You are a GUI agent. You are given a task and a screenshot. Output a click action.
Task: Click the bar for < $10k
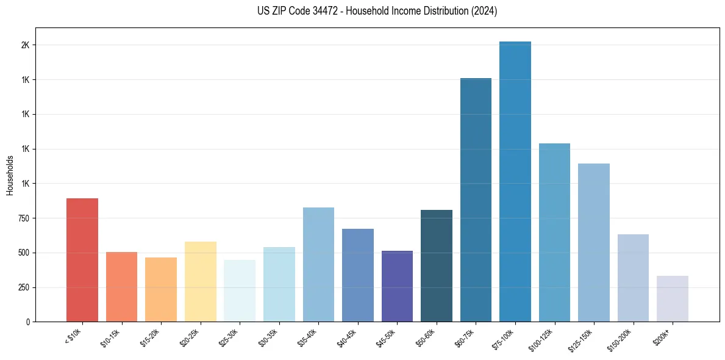(82, 260)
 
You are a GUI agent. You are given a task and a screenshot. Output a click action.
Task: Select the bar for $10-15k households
(121, 287)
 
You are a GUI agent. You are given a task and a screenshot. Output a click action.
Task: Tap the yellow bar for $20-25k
(200, 281)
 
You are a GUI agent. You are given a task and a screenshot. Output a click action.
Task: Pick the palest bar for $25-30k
(240, 290)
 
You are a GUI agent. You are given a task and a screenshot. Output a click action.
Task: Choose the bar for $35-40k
(318, 264)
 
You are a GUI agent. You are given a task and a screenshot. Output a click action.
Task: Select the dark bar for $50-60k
(437, 265)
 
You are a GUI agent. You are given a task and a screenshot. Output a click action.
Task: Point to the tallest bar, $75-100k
(515, 181)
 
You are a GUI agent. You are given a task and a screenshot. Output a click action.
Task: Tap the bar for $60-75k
(476, 200)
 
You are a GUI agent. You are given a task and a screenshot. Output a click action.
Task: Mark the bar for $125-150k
(594, 242)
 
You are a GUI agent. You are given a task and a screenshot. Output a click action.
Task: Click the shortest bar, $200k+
(673, 298)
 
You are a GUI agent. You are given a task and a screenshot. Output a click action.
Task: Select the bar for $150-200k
(633, 278)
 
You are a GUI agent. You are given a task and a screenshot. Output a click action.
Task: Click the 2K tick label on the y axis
(25, 45)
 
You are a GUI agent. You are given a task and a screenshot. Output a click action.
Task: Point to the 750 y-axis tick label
(23, 218)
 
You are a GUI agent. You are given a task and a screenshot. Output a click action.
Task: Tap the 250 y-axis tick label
(23, 287)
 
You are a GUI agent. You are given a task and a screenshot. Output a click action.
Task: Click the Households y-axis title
(10, 175)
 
